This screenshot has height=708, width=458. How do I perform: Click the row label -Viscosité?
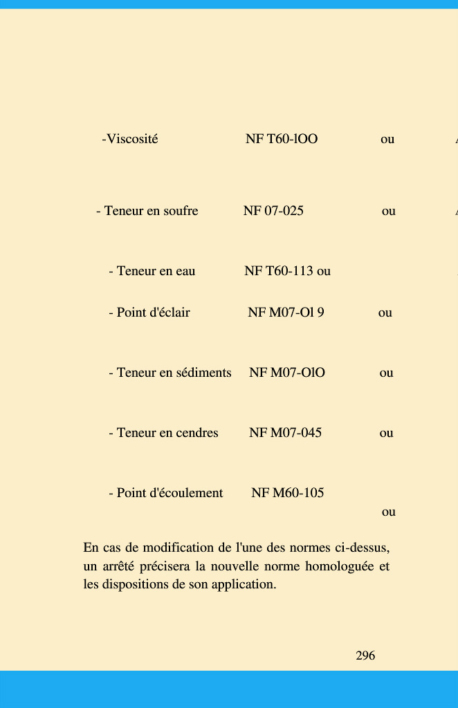click(x=130, y=139)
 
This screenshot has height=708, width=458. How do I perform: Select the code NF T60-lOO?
click(x=282, y=139)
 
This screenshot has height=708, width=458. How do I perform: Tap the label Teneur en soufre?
click(x=151, y=211)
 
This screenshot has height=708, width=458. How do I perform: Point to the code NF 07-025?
click(x=273, y=211)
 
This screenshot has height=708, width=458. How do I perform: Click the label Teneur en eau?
click(x=156, y=271)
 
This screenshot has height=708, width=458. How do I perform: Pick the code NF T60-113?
click(x=279, y=271)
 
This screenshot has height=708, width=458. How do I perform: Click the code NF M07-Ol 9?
click(x=286, y=313)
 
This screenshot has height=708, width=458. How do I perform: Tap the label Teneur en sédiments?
click(x=174, y=373)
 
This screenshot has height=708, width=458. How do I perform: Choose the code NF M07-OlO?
click(x=287, y=373)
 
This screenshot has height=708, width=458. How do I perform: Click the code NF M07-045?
click(x=285, y=433)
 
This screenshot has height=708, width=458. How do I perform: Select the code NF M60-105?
click(x=287, y=493)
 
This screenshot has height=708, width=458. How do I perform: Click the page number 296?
click(x=365, y=655)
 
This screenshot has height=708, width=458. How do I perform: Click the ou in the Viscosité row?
click(x=387, y=139)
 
